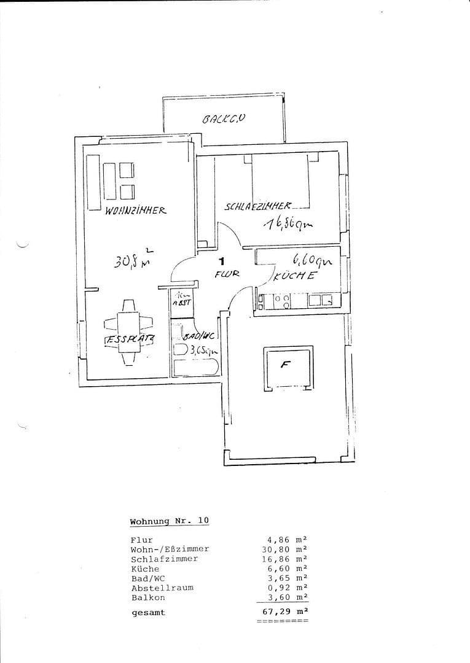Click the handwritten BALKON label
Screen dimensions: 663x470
(x=224, y=119)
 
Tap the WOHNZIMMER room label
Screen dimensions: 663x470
(x=136, y=210)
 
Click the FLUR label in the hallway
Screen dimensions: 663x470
(x=227, y=274)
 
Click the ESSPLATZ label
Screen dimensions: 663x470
(x=128, y=339)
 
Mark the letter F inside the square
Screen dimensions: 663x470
(x=285, y=364)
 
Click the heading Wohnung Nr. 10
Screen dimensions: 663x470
(x=169, y=521)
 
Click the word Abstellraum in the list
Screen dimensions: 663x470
(x=162, y=587)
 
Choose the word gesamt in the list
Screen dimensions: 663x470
(x=148, y=612)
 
